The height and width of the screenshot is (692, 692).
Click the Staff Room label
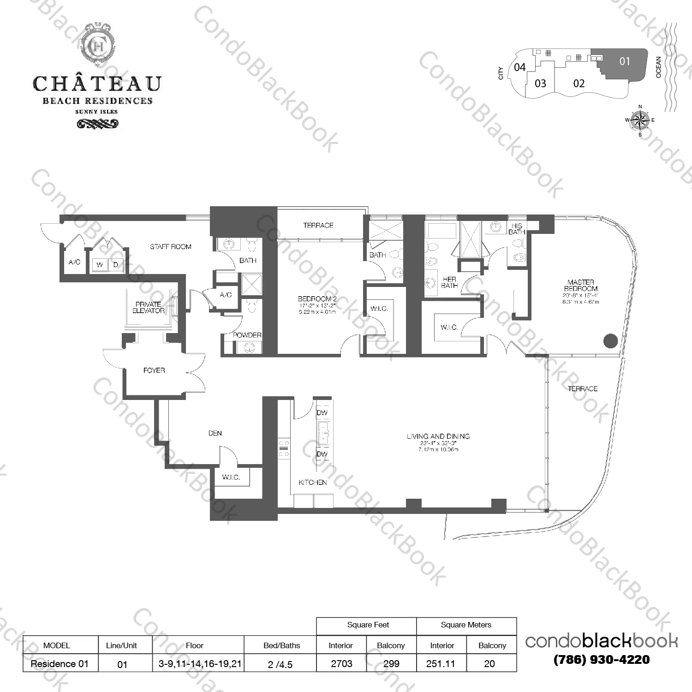click(x=170, y=247)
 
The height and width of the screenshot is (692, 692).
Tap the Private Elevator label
click(x=148, y=308)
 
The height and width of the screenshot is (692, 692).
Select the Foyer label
click(x=154, y=370)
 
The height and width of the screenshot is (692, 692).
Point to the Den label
click(x=215, y=433)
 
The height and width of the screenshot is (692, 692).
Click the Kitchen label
click(x=312, y=483)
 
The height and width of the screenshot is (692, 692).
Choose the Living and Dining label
click(x=438, y=436)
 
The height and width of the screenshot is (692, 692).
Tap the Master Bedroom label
click(x=581, y=285)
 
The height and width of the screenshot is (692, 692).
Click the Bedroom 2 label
click(x=317, y=299)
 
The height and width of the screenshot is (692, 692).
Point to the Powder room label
click(x=247, y=335)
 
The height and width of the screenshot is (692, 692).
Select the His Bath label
click(x=517, y=229)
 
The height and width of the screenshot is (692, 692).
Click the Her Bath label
click(x=449, y=282)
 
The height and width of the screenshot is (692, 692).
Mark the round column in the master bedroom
click(x=610, y=341)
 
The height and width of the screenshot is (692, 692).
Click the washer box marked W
click(x=100, y=265)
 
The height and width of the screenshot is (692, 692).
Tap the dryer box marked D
click(x=116, y=265)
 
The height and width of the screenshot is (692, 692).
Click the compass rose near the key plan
click(x=640, y=120)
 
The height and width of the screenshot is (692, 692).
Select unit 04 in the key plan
click(x=519, y=67)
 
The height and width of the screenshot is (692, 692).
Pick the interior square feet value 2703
click(x=341, y=664)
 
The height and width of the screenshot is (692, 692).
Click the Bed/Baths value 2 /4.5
click(x=280, y=664)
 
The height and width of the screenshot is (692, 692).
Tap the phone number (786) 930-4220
click(x=601, y=660)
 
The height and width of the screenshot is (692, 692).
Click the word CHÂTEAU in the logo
click(x=97, y=84)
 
